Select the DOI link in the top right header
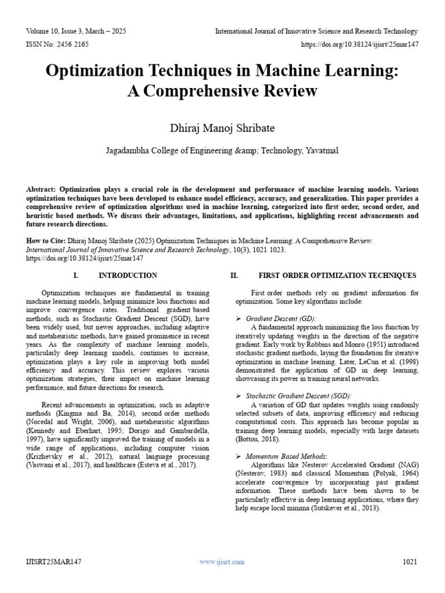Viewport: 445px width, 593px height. [359, 44]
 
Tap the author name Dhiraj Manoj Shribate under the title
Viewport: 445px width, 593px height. [222, 127]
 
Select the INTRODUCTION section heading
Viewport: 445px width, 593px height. [127, 275]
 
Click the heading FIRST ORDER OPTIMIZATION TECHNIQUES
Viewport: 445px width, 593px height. [337, 275]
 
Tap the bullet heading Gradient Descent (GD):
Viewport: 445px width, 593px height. [281, 319]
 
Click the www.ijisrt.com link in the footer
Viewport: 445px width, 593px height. [222, 562]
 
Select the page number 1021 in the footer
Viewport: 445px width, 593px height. [410, 562]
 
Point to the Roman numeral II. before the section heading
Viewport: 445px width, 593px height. [234, 275]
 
